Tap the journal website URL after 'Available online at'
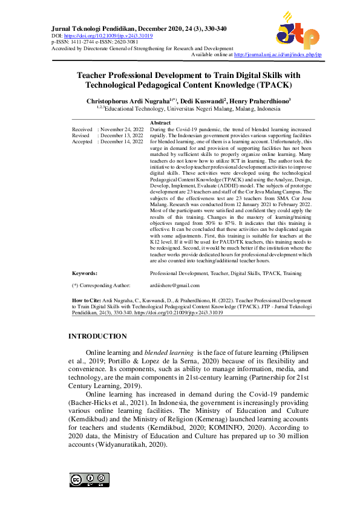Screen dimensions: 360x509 point(278,54)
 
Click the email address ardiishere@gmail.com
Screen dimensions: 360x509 point(175,285)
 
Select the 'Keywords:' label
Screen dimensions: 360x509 point(85,273)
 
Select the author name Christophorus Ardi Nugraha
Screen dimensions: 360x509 point(129,101)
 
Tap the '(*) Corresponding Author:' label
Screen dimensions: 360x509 point(101,285)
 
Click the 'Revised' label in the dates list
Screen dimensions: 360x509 point(81,136)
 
